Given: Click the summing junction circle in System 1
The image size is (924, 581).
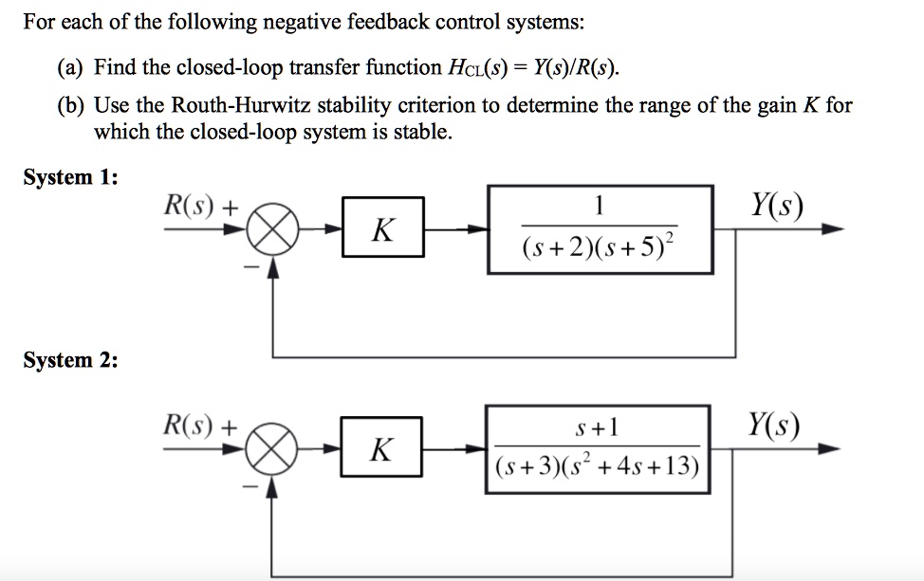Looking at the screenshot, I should click(x=272, y=231).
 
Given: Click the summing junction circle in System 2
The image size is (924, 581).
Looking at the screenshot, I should click(x=272, y=449).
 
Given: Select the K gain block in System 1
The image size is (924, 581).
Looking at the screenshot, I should click(x=382, y=228).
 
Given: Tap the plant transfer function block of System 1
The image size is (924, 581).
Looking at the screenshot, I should click(x=600, y=229).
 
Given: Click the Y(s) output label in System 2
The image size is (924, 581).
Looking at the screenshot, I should click(x=772, y=426).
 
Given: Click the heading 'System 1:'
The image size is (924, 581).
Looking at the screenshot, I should click(x=71, y=177).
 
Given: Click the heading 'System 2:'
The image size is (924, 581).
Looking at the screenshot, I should click(x=71, y=360).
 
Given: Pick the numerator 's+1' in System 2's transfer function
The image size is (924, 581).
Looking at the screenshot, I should click(x=598, y=427).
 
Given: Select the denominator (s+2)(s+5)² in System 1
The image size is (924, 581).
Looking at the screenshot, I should click(x=600, y=250).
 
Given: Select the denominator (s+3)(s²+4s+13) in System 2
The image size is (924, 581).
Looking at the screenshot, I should click(x=598, y=466).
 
